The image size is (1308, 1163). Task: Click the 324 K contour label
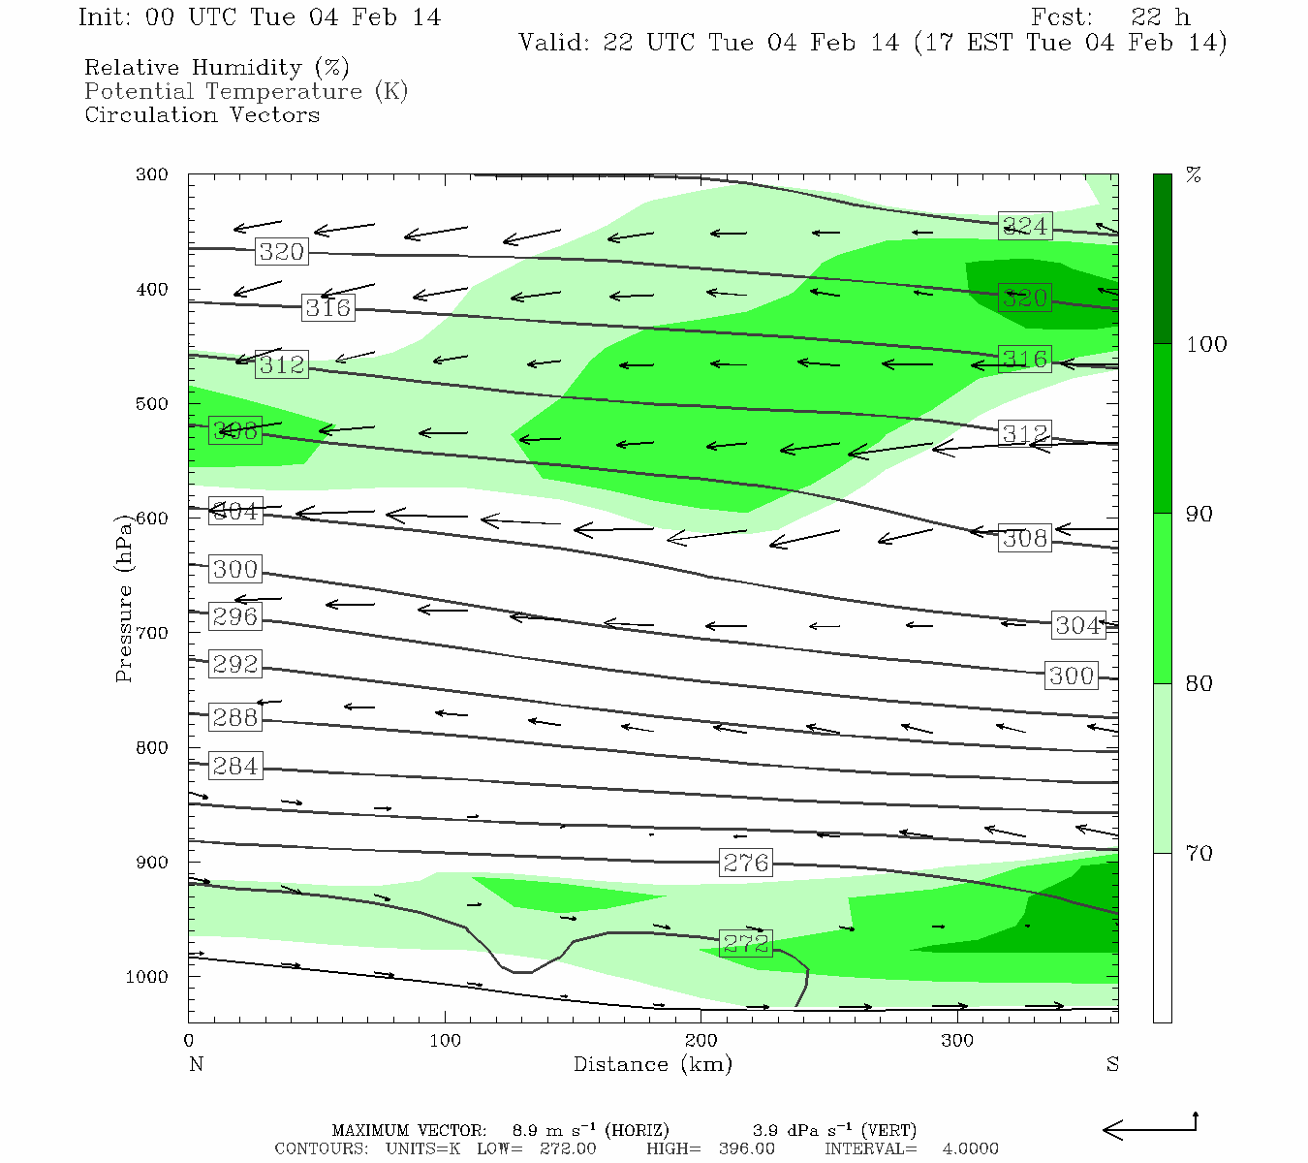(1025, 226)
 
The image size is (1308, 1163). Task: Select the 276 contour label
(745, 863)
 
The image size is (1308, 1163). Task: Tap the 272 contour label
(745, 943)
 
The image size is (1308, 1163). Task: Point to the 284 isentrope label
(235, 766)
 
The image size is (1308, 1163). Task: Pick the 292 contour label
(235, 664)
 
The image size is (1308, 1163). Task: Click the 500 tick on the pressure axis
(152, 404)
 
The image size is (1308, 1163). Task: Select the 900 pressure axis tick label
(152, 863)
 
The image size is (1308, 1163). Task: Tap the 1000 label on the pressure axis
(147, 977)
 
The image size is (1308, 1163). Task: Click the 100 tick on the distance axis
(446, 1041)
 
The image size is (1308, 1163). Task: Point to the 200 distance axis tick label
(701, 1041)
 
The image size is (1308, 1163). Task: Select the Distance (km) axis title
(652, 1064)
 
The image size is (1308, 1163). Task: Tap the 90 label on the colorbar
(1199, 514)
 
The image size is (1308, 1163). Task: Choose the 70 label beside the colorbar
(1199, 853)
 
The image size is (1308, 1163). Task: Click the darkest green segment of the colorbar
(1162, 259)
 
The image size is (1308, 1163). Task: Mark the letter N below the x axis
(196, 1064)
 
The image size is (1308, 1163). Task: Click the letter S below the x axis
(1112, 1064)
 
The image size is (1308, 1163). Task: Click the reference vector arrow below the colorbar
(1150, 1128)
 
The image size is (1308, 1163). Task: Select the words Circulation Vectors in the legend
(202, 114)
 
